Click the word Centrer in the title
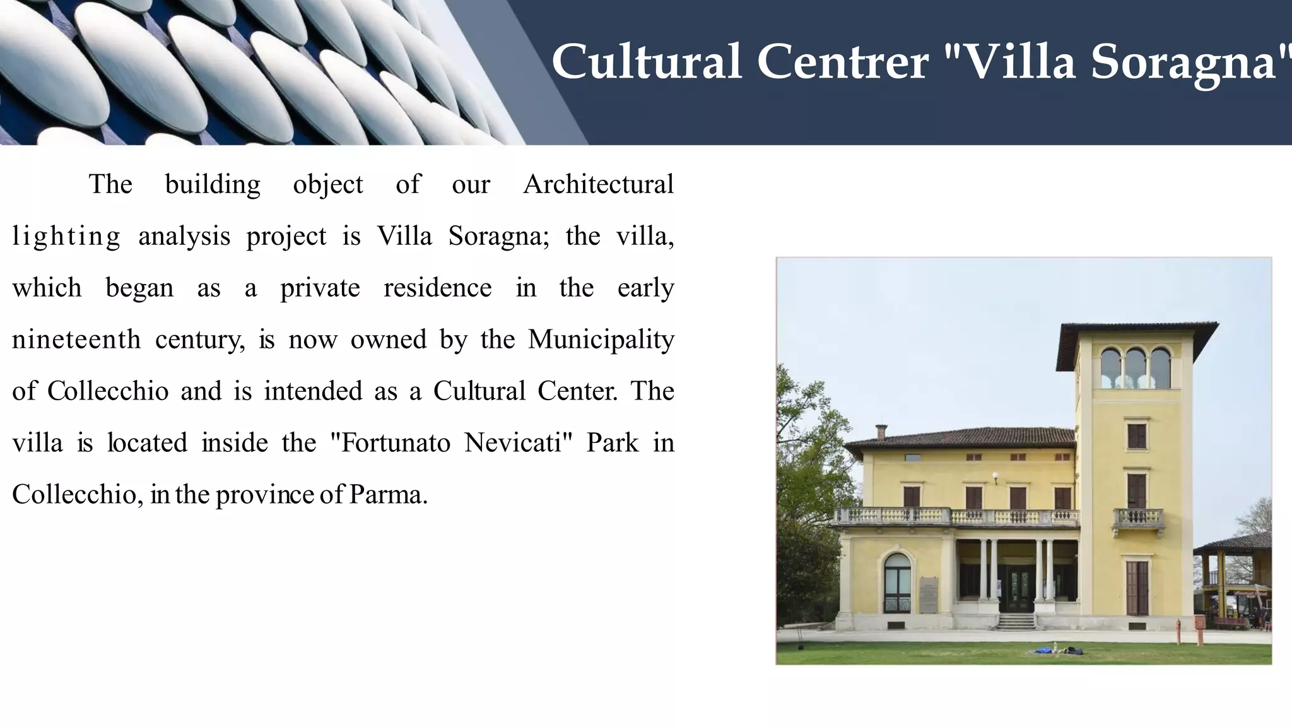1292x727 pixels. (842, 62)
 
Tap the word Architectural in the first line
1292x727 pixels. (598, 184)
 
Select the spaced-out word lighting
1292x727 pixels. (66, 237)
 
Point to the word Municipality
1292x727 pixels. (601, 340)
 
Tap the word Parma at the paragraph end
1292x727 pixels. (387, 494)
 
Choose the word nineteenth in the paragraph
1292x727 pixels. (76, 340)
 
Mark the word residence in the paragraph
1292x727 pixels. (437, 288)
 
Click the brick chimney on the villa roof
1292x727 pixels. (881, 432)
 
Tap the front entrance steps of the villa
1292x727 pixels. (1016, 622)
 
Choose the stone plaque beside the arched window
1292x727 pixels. (928, 594)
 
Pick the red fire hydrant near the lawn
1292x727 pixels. (1178, 630)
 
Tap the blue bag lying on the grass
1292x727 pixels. (1054, 648)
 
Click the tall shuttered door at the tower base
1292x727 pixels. (1137, 587)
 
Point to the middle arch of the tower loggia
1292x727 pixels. (1135, 368)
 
